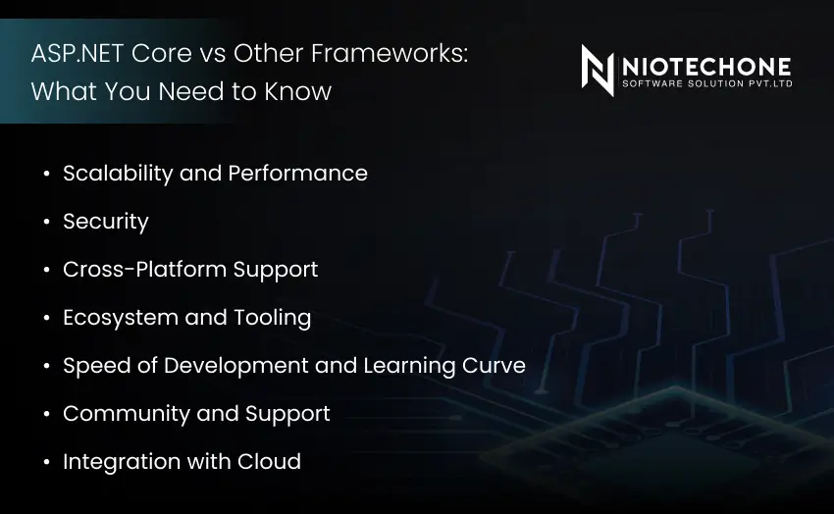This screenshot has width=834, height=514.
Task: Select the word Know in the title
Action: tap(300, 92)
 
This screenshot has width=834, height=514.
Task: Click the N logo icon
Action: tap(598, 70)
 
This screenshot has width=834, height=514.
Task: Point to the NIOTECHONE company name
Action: tap(706, 67)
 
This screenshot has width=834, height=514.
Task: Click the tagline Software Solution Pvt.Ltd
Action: tap(706, 84)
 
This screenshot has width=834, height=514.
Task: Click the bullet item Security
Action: tap(105, 222)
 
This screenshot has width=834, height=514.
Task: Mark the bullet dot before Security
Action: tap(46, 223)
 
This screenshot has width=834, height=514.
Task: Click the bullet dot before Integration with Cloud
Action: tap(46, 463)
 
